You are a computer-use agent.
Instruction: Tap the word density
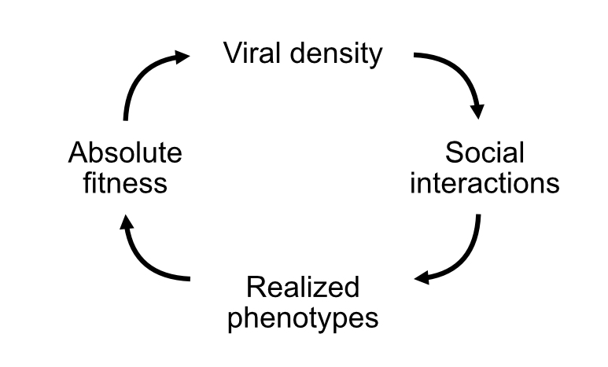tap(337, 55)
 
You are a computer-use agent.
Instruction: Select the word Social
tap(484, 152)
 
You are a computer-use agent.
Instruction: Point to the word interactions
tap(485, 183)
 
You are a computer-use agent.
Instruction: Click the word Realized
tap(303, 288)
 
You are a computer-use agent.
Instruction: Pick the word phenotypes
tap(303, 319)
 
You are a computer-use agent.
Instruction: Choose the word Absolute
tap(125, 152)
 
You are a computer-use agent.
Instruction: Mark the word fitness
tap(125, 183)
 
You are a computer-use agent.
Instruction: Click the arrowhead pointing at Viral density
tap(182, 57)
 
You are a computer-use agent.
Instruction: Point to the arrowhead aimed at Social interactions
tap(476, 111)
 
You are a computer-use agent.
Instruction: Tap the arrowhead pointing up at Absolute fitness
tap(126, 224)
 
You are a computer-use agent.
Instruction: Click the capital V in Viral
tap(233, 53)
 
